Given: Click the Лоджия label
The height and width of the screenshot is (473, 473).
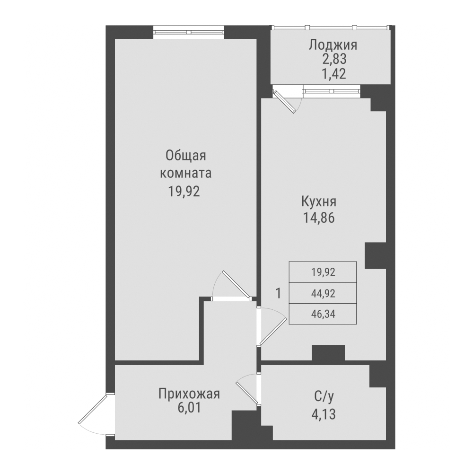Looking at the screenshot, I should click(332, 45).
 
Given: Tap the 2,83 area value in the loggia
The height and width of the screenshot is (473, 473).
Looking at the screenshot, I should click(332, 60).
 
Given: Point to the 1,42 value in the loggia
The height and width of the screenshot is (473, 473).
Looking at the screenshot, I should click(332, 74).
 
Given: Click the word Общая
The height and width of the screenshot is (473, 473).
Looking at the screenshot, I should click(186, 156).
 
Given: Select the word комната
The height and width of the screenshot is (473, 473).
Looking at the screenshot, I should click(186, 173).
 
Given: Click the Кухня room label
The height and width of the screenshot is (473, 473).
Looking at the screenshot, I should click(319, 202).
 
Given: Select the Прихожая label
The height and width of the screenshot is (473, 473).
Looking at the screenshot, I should click(189, 393).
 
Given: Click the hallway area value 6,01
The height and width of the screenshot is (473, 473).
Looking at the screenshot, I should click(189, 408).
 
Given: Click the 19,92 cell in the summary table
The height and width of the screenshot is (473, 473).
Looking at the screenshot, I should click(323, 272).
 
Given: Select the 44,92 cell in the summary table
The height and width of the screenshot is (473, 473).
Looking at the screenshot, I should click(323, 294).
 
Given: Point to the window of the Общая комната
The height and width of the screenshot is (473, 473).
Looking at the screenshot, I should click(188, 32).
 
